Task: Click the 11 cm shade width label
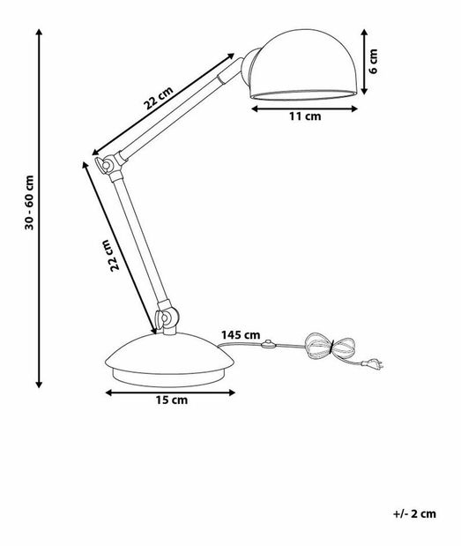coord(306,116)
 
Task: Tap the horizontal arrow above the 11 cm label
coord(305,106)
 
